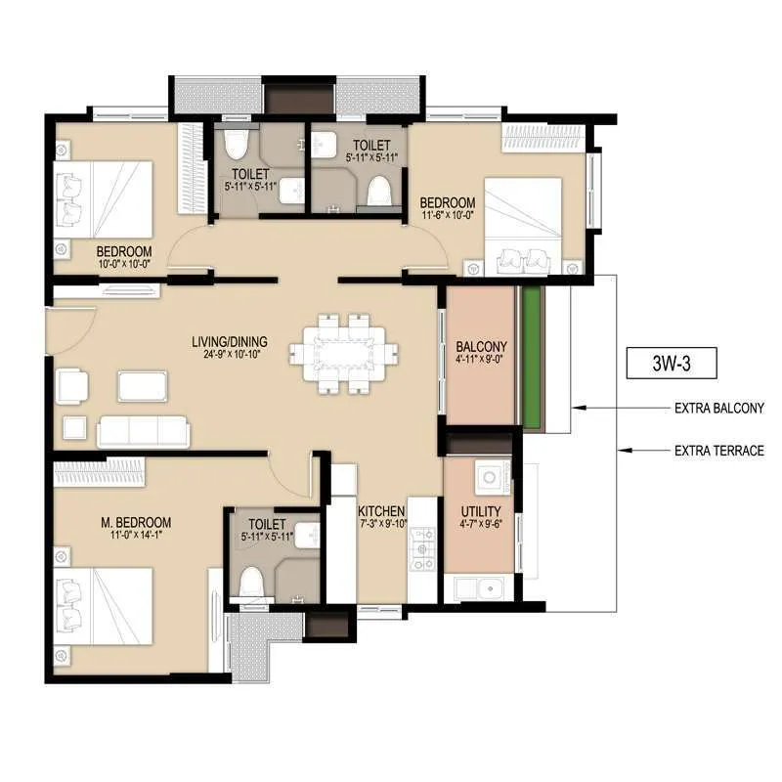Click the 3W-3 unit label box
tap(672, 364)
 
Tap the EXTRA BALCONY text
tap(718, 409)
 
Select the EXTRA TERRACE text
tap(718, 451)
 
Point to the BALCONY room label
tap(481, 346)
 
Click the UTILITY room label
tap(481, 511)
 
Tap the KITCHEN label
tap(381, 511)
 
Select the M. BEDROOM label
tap(136, 522)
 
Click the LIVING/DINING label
tap(230, 341)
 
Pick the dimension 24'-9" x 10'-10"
tap(230, 355)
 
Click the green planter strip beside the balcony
tap(532, 357)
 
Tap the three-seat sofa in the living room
tap(144, 430)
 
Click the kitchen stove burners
tap(422, 549)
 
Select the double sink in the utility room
tap(475, 589)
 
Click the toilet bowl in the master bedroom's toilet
tap(252, 583)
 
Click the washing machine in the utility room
tap(488, 477)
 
